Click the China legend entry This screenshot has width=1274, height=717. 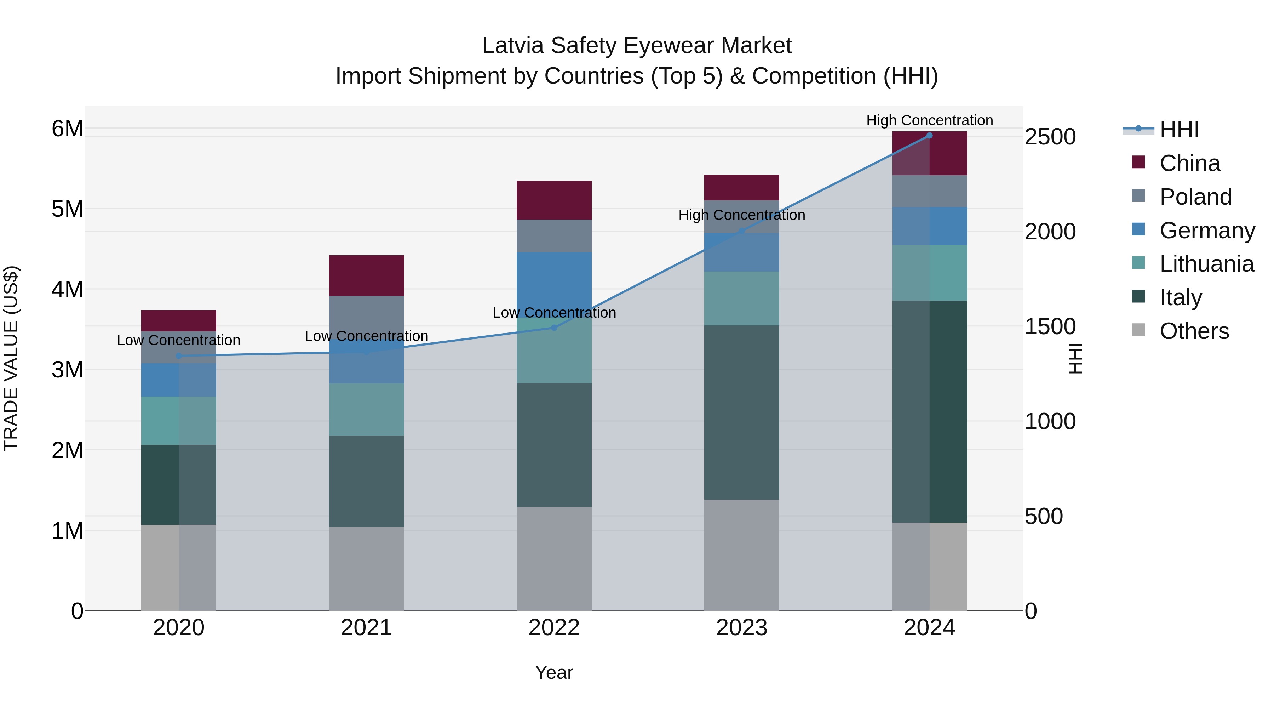(x=1189, y=163)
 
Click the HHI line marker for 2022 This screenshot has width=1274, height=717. (x=554, y=328)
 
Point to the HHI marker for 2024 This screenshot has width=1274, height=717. (x=929, y=136)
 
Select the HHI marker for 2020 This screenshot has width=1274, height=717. (x=179, y=356)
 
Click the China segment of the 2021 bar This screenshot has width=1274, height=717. (x=367, y=275)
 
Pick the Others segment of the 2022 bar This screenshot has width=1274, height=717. (x=554, y=559)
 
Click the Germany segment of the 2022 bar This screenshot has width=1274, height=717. (x=554, y=282)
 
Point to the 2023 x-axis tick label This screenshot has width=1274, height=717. (x=741, y=628)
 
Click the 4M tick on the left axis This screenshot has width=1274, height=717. (x=67, y=290)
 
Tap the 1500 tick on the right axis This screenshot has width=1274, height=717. (x=1050, y=326)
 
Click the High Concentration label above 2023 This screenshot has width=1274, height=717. (x=741, y=215)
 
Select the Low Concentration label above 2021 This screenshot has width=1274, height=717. (x=367, y=336)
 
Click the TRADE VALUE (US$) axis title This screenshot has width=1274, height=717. (x=11, y=358)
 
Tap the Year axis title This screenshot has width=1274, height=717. (x=554, y=672)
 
